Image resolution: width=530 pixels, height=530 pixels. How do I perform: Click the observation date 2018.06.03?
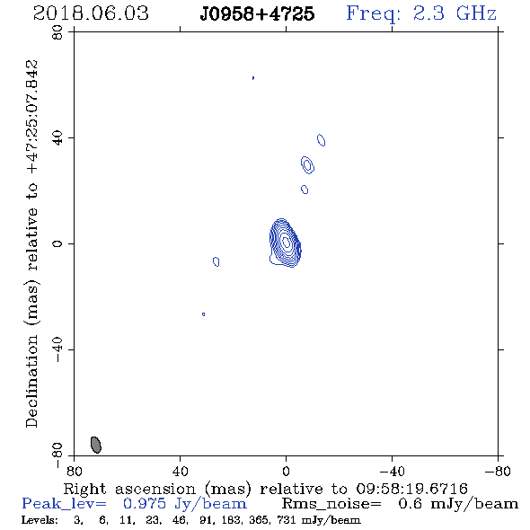coord(91,13)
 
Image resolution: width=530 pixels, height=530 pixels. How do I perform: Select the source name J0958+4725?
coord(257,13)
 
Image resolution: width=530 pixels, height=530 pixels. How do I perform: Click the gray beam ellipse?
coord(96,445)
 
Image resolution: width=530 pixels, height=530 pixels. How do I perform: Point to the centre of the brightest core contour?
coord(286,242)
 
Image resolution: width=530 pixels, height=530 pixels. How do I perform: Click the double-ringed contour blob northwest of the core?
coord(307,165)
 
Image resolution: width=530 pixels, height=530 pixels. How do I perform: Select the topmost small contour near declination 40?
coord(321,140)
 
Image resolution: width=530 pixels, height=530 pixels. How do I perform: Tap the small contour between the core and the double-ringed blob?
coord(305,190)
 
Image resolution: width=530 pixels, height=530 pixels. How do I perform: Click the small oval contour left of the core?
coord(216,261)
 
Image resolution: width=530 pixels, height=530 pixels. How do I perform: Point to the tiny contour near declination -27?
coord(204,314)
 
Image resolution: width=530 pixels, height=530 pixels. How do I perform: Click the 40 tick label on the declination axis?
coord(57,138)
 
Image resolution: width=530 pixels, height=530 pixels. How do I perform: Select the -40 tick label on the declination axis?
coord(57,349)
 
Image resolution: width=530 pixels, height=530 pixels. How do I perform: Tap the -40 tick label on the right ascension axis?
coord(392,472)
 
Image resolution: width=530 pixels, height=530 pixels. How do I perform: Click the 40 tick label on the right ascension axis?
coord(180,472)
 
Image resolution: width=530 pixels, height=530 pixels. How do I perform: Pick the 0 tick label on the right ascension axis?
coord(286,472)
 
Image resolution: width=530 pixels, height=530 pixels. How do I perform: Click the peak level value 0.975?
coord(145,504)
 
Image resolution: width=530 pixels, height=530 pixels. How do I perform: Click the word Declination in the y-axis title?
coord(31,381)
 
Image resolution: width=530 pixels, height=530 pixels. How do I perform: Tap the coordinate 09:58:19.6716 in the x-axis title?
coord(411,489)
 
